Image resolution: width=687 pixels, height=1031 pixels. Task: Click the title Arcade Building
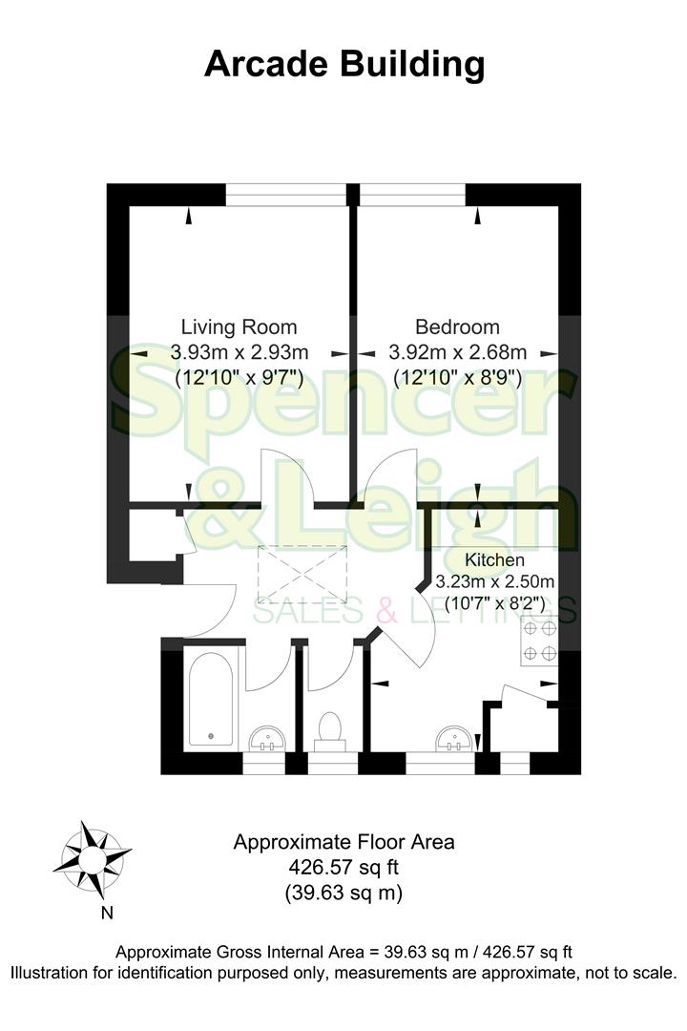[343, 65]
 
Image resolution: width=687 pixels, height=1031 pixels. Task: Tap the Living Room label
[239, 326]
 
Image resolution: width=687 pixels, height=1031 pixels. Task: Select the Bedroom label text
[457, 326]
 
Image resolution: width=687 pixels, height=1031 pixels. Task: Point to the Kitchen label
[494, 559]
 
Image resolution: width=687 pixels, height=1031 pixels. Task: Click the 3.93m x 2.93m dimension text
[239, 351]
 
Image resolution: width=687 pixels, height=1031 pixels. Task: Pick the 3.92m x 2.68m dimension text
[458, 351]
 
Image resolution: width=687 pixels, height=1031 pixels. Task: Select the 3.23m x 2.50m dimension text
[495, 581]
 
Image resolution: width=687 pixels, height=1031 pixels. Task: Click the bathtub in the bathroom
[208, 701]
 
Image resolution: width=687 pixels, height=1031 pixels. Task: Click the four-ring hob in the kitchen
[539, 642]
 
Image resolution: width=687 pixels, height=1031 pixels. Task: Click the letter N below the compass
[107, 913]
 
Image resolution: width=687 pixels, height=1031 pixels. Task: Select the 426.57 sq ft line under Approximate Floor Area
[343, 868]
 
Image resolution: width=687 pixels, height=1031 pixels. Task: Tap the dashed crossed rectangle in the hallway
[303, 574]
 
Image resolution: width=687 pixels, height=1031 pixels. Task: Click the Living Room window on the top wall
[287, 194]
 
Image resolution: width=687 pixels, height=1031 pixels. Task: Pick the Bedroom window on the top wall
[411, 194]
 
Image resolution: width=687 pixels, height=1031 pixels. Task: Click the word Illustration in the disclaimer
[58, 974]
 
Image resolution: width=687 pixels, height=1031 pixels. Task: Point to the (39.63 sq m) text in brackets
[343, 894]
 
